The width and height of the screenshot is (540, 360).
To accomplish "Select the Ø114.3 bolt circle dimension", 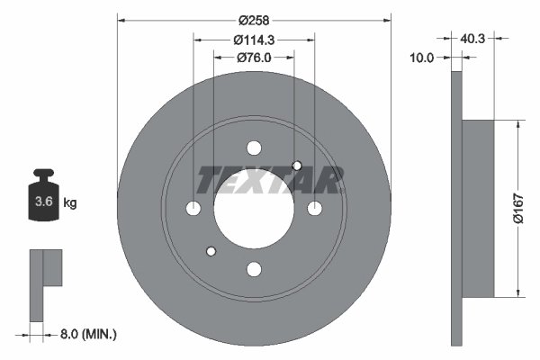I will pyautogui.click(x=254, y=40).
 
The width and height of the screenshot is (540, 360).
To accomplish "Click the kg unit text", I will pyautogui.click(x=70, y=203).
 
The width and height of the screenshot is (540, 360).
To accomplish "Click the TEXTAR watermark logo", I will pyautogui.click(x=270, y=181).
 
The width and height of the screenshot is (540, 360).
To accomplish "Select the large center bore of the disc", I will pyautogui.click(x=254, y=208).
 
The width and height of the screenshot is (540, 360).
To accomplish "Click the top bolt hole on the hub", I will pyautogui.click(x=254, y=148).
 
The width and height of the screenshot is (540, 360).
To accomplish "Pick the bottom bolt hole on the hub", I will pyautogui.click(x=254, y=268).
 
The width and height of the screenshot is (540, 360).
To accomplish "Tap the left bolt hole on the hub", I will pyautogui.click(x=193, y=208).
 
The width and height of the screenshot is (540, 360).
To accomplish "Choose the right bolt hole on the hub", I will pyautogui.click(x=314, y=208).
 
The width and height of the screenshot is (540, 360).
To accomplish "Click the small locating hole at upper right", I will pyautogui.click(x=297, y=165).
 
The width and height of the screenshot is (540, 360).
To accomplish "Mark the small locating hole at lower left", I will pyautogui.click(x=211, y=251).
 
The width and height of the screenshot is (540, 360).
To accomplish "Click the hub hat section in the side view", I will pyautogui.click(x=477, y=208).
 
